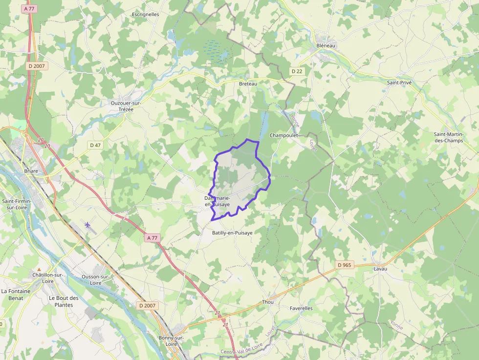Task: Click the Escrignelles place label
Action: pyautogui.click(x=145, y=15)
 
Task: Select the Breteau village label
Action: pyautogui.click(x=248, y=84)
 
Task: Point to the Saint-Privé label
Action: pyautogui.click(x=399, y=83)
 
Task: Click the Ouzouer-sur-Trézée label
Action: pyautogui.click(x=126, y=106)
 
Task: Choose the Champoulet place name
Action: pyautogui.click(x=284, y=135)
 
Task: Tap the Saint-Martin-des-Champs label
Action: pyautogui.click(x=448, y=137)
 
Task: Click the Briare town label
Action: pyautogui.click(x=31, y=171)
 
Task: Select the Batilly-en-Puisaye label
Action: pyautogui.click(x=232, y=233)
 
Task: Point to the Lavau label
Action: pyautogui.click(x=380, y=269)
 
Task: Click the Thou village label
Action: pyautogui.click(x=268, y=302)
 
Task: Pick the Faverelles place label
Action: pyautogui.click(x=301, y=309)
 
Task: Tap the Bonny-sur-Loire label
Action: pyautogui.click(x=171, y=341)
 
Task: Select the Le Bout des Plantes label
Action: pyautogui.click(x=64, y=301)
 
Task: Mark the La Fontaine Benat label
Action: pyautogui.click(x=16, y=295)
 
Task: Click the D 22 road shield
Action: pyautogui.click(x=297, y=71)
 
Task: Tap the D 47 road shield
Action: pyautogui.click(x=95, y=145)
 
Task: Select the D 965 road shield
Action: pyautogui.click(x=345, y=265)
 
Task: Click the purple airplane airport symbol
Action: pyautogui.click(x=87, y=225)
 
